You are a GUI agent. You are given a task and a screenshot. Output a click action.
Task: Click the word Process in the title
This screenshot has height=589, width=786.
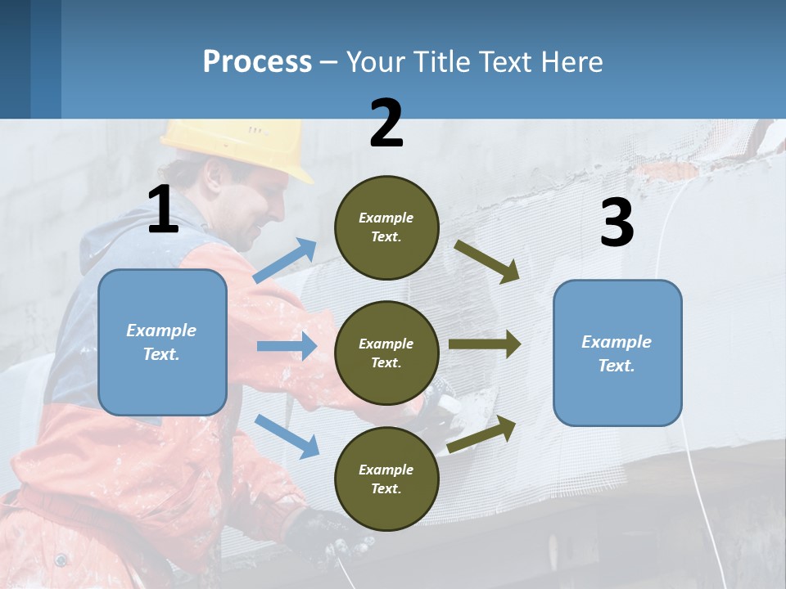point(257,61)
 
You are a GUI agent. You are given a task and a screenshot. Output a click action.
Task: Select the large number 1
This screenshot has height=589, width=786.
point(163,210)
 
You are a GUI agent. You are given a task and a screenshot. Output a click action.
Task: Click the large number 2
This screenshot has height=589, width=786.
point(386,124)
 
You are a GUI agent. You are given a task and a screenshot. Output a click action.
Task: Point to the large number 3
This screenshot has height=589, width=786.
point(617,223)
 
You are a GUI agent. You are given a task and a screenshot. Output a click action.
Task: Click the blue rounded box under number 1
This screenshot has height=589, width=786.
point(162,342)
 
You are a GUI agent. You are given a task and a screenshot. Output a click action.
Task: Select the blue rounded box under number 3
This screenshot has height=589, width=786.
point(617,353)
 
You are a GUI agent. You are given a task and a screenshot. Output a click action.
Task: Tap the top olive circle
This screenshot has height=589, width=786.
point(386,227)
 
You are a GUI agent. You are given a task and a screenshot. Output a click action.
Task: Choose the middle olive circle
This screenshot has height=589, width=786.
point(386,353)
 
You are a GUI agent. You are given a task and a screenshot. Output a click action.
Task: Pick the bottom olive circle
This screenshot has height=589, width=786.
point(386,479)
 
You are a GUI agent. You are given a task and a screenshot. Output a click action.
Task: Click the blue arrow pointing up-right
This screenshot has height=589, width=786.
point(285,261)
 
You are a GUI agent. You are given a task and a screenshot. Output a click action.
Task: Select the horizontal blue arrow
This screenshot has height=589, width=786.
point(287,346)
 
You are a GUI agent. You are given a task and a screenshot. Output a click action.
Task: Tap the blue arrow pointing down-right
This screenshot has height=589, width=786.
point(287,436)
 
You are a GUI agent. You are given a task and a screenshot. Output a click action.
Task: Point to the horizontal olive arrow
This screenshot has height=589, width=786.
point(485,344)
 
